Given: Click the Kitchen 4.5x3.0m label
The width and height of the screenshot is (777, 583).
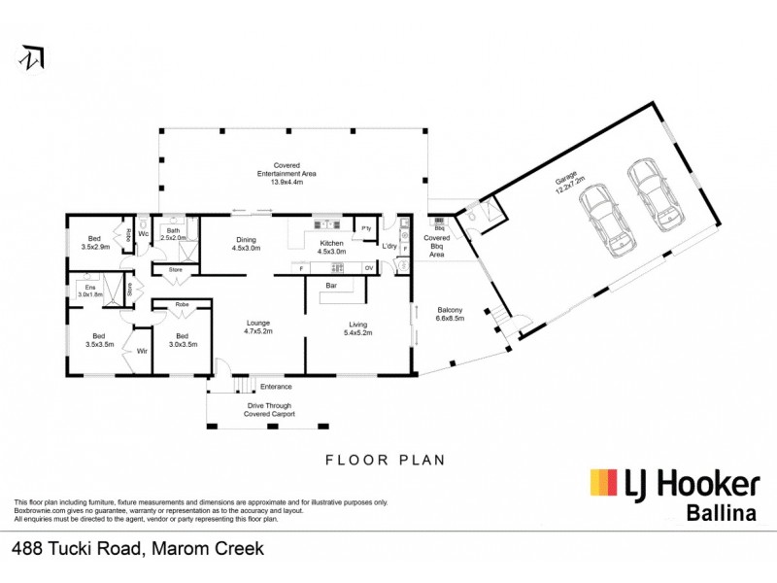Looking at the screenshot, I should pos(332,248).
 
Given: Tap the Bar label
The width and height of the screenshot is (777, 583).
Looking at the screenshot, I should pos(330,287).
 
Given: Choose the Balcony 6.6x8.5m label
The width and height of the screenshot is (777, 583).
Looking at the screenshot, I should pos(451,314).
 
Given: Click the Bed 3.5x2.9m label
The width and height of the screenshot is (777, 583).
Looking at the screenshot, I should pos(94,242).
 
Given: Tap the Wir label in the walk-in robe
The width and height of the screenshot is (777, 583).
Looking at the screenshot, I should pos(141,351).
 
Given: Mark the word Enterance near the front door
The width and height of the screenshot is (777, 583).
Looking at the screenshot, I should pos(275,387).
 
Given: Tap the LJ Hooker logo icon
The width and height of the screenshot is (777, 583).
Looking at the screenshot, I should pos(603,483).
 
